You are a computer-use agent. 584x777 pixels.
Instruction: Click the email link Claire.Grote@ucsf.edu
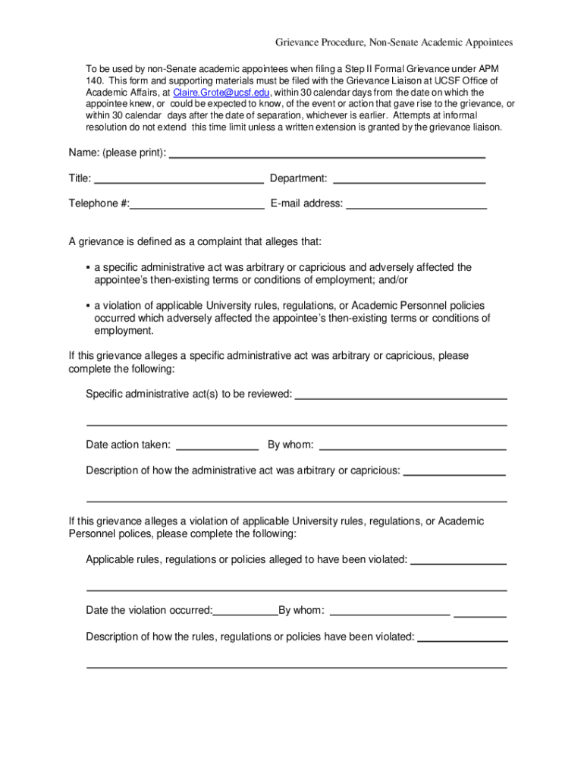[x=221, y=92]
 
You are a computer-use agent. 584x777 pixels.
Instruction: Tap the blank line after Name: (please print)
[x=326, y=156]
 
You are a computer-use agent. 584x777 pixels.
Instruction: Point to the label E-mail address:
[x=306, y=203]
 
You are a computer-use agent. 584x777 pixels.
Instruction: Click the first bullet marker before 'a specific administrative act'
[x=88, y=268]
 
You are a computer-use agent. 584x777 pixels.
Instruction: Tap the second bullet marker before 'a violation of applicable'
[x=88, y=306]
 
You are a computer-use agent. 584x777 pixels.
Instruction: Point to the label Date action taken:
[x=128, y=445]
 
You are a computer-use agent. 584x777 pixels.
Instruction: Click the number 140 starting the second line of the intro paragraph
[x=93, y=80]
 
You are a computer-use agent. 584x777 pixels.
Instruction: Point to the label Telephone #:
[x=99, y=203]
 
